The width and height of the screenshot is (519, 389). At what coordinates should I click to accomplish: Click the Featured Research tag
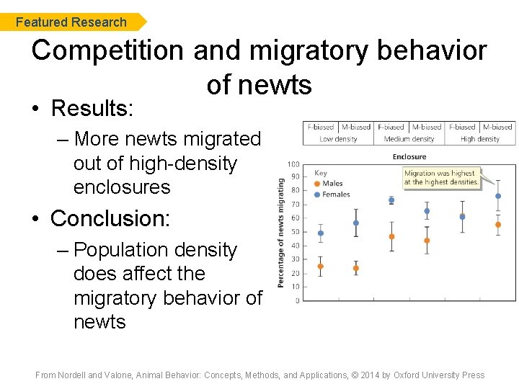(x=71, y=22)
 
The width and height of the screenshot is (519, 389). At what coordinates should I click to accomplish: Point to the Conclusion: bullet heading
(x=110, y=218)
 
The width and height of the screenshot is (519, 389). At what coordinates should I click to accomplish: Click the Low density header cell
(x=338, y=138)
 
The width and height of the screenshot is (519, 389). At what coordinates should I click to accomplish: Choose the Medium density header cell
(x=409, y=138)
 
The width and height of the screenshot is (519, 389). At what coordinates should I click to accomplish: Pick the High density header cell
(x=479, y=138)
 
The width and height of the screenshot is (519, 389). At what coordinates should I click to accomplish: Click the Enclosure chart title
(x=409, y=156)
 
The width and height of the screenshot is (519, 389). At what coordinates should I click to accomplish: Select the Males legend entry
(x=332, y=184)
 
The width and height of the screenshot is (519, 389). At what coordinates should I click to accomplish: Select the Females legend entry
(x=335, y=194)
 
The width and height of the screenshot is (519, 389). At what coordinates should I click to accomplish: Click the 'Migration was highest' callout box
(x=441, y=177)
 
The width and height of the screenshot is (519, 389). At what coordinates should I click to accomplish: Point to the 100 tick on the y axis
(x=294, y=164)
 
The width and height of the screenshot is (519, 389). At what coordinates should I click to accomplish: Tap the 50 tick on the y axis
(x=296, y=232)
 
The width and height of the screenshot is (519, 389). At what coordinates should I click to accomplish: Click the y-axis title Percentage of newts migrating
(x=281, y=230)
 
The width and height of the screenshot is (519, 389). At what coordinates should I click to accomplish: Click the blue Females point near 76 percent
(x=497, y=196)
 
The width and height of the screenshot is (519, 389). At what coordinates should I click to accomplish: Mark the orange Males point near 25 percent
(x=320, y=266)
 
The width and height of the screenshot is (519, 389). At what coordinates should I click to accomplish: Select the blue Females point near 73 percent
(x=391, y=200)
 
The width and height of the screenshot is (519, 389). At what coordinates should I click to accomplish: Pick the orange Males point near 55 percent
(x=497, y=224)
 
